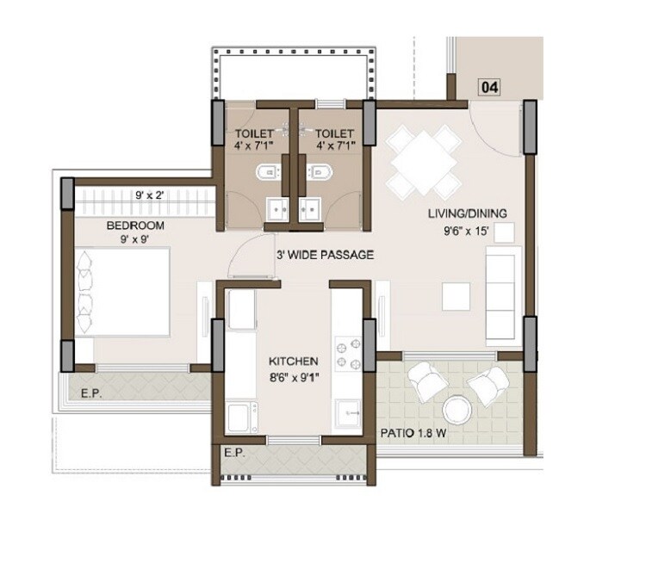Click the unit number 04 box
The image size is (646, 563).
(x=490, y=87)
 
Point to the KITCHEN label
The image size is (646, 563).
(x=294, y=362)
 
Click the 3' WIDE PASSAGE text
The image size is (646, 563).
(x=324, y=255)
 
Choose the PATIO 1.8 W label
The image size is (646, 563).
(x=413, y=434)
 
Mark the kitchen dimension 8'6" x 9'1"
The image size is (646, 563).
(x=294, y=376)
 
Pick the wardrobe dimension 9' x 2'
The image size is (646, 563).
(x=148, y=195)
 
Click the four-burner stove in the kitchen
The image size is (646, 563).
(x=350, y=353)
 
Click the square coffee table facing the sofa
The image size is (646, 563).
(x=456, y=295)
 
